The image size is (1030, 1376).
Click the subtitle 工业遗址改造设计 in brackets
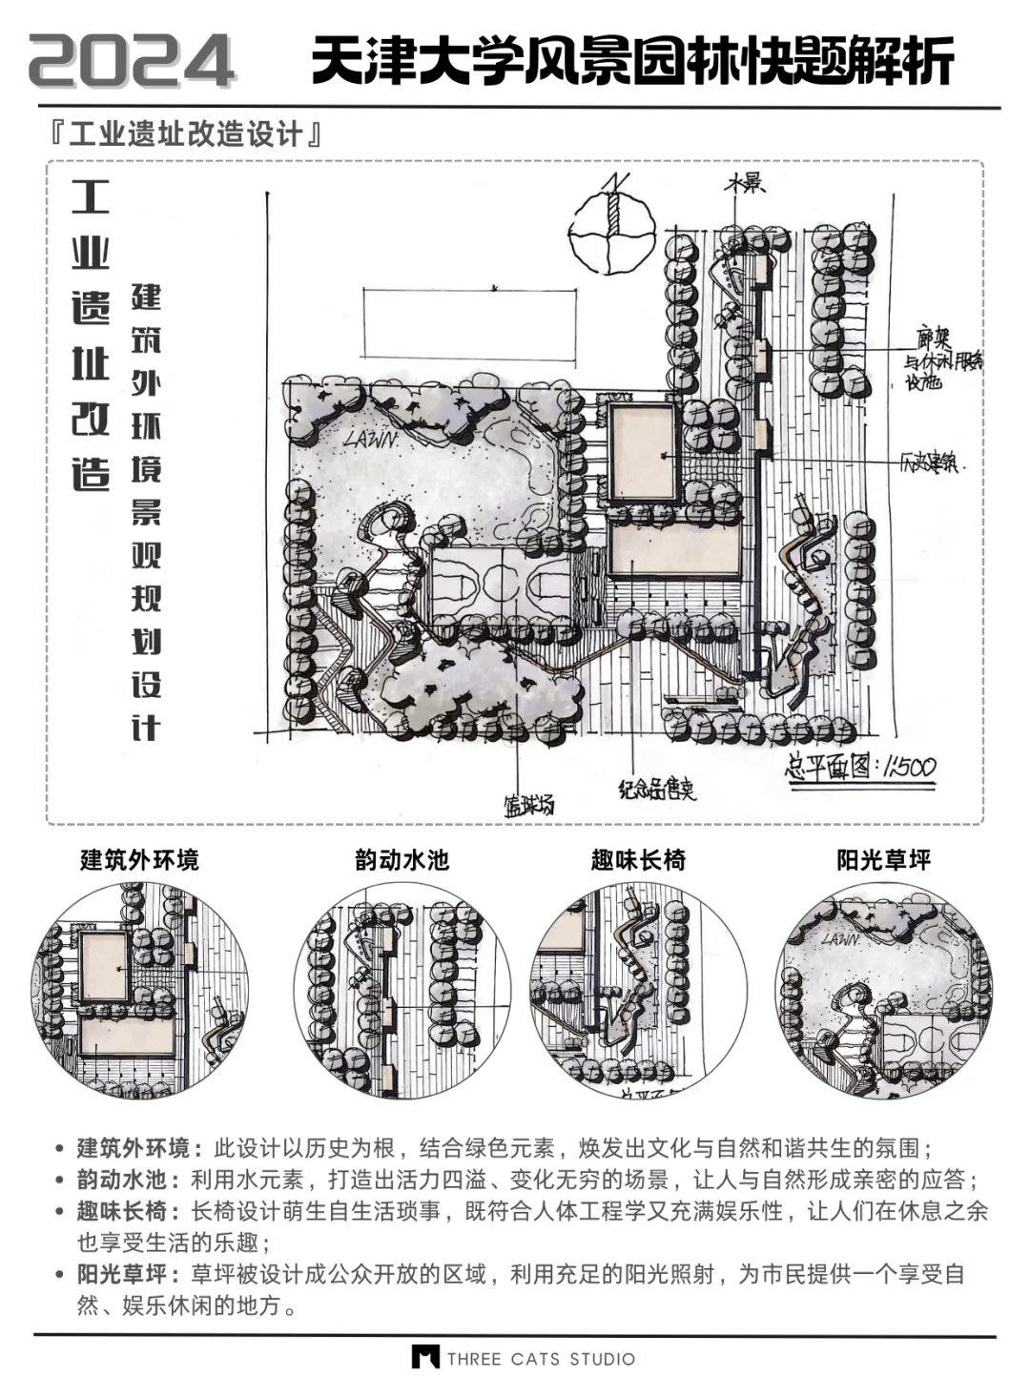coord(187,134)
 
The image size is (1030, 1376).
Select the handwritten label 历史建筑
coord(934,464)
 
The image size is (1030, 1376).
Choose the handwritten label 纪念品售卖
coord(657,789)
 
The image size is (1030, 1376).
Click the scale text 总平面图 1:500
coord(859,767)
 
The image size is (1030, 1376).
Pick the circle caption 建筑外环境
coord(139,860)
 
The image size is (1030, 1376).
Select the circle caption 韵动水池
coord(402,860)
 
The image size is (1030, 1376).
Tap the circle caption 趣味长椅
coord(638,860)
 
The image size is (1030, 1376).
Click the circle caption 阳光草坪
coord(883,860)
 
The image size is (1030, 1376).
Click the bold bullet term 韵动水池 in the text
coord(121,1180)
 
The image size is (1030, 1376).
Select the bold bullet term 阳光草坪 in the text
coord(121,1274)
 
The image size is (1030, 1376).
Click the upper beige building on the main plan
coord(642,451)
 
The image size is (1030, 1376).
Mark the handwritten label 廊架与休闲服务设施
coord(941,361)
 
